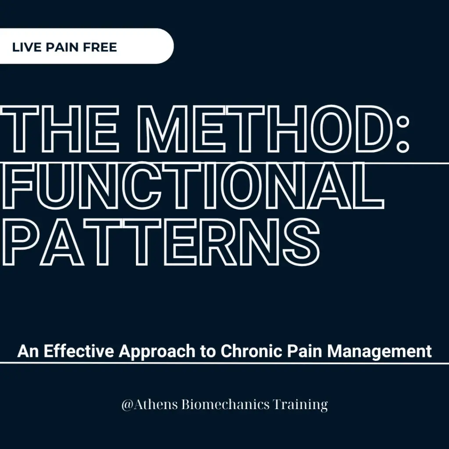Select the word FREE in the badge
coord(100,47)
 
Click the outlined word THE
coord(59,129)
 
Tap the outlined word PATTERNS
coord(160,242)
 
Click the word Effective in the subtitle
coord(78,351)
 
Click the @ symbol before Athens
coord(127,405)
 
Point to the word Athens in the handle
coord(155,404)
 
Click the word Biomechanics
coord(226,404)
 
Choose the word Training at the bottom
coord(300,405)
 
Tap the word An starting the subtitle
coord(28,351)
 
